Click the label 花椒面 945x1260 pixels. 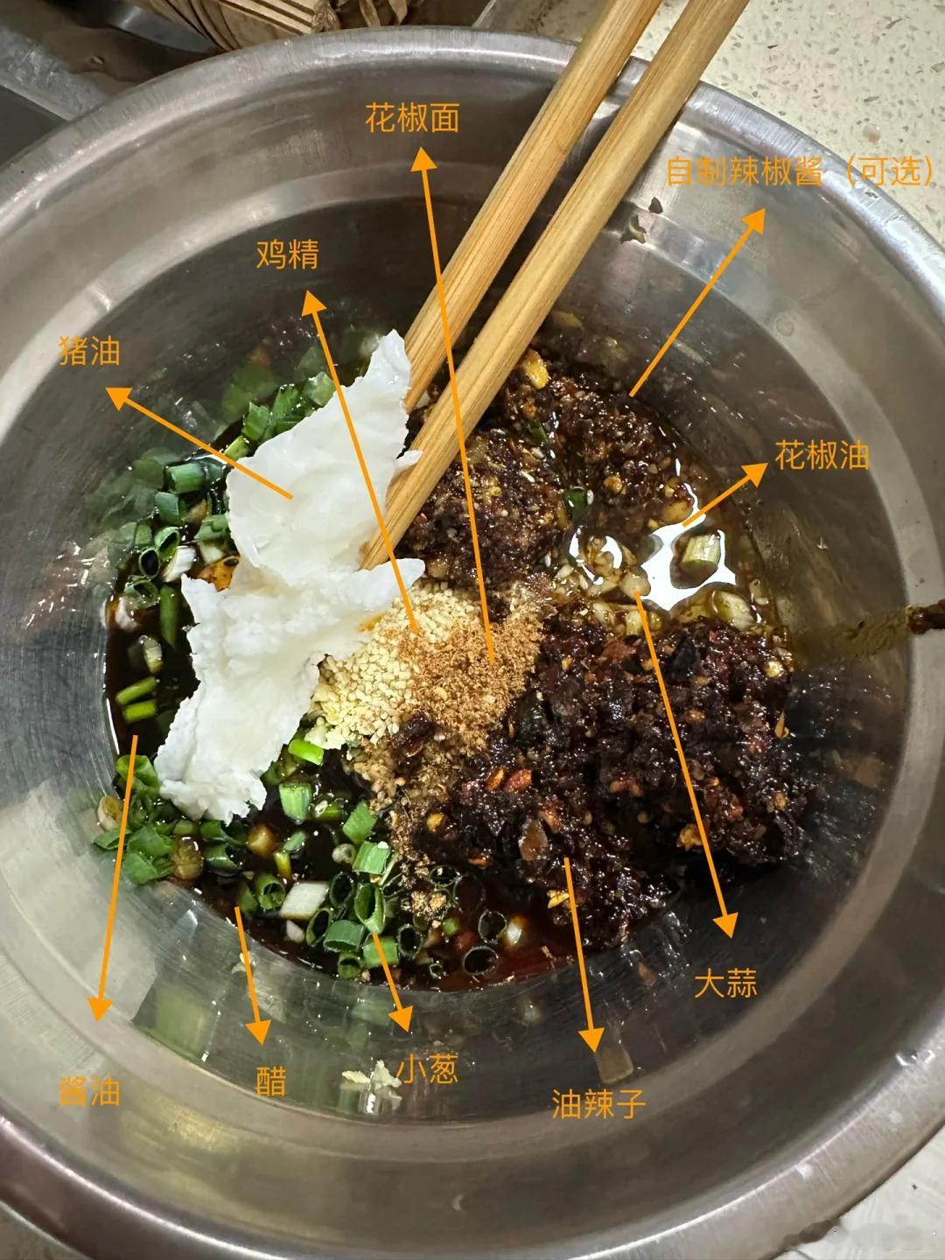click(412, 117)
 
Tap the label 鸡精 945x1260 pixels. click(288, 254)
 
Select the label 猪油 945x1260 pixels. click(88, 352)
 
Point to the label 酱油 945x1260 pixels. click(88, 1091)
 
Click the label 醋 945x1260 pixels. click(271, 1081)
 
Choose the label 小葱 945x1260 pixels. click(427, 1069)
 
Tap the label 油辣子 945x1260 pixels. click(598, 1103)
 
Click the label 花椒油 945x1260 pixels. click(822, 455)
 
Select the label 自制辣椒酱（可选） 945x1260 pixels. click(800, 171)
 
